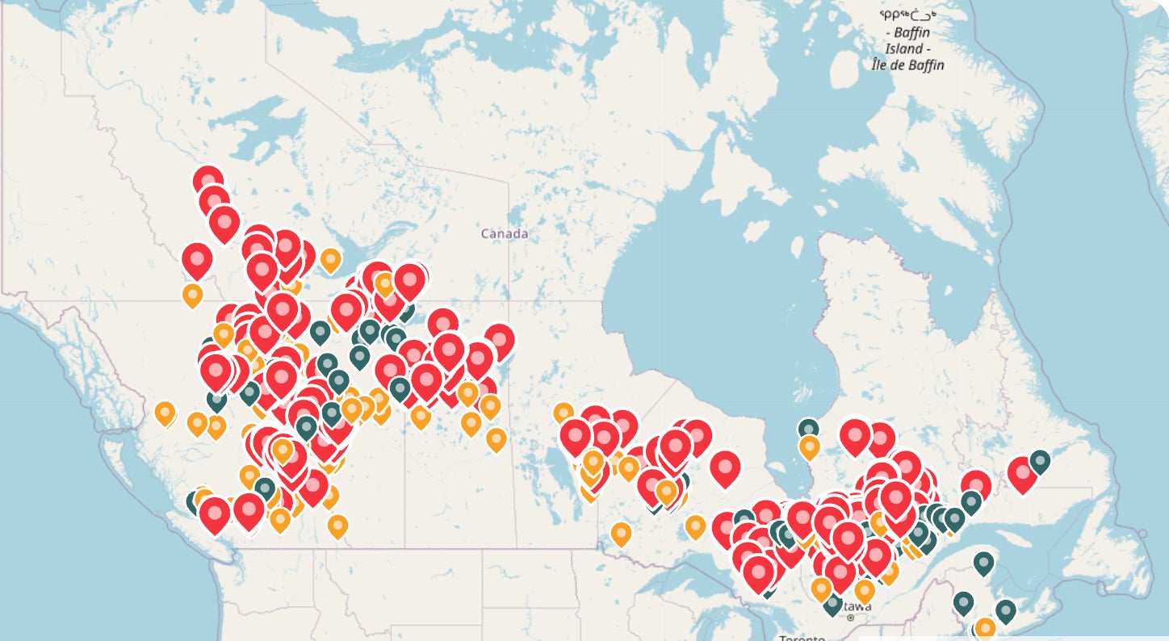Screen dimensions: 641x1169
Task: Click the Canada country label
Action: [505, 233]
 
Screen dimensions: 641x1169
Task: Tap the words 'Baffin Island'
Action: [907, 40]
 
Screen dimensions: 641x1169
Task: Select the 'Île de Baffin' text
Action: [907, 65]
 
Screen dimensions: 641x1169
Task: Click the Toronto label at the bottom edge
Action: [802, 638]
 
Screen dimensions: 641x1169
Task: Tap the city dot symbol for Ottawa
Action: [850, 618]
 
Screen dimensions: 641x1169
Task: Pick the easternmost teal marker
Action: [1040, 461]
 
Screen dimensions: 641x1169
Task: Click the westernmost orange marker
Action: [165, 413]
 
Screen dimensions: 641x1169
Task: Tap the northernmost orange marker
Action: [330, 259]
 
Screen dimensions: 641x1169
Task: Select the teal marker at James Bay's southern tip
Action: [808, 429]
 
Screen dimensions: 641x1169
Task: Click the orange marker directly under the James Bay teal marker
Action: [809, 446]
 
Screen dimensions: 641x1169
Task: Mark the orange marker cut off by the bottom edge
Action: [984, 628]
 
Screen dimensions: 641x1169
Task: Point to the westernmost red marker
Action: [197, 259]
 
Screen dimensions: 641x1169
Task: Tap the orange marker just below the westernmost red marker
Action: [192, 295]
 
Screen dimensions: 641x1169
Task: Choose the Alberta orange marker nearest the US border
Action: [337, 526]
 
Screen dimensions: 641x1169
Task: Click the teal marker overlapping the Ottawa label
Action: [832, 603]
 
